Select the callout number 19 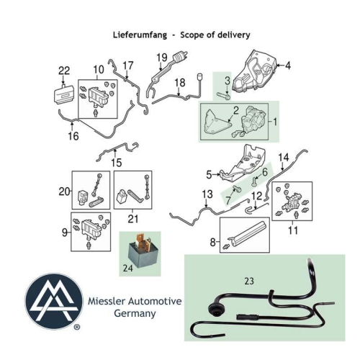coord(162,58)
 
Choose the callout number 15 coord(116,163)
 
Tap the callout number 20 coord(63,191)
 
